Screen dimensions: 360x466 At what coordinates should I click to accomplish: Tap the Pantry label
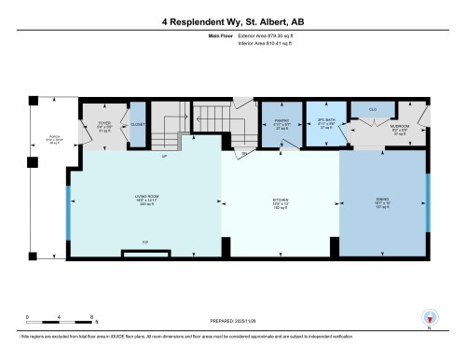click(279, 122)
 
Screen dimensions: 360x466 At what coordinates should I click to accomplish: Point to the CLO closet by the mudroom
click(372, 110)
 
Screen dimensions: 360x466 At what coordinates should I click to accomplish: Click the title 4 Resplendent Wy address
click(233, 21)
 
